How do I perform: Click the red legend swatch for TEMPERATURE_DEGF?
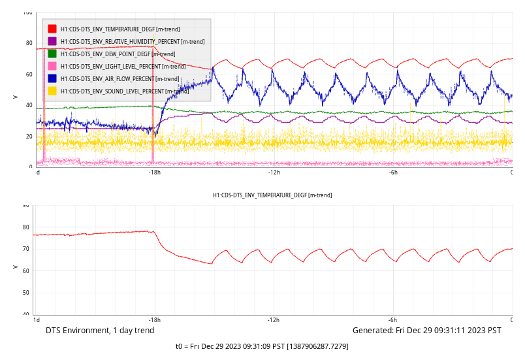coord(52,29)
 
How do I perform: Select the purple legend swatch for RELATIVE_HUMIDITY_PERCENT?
coord(52,41)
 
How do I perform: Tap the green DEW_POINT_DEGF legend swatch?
coord(52,54)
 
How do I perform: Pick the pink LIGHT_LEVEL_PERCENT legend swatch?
coord(52,66)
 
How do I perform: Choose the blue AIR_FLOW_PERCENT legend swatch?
coord(52,78)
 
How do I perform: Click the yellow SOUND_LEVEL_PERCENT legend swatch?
coord(52,91)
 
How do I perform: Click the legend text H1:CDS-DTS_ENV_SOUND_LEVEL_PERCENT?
coord(112,91)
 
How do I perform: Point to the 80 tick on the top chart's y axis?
coord(29,43)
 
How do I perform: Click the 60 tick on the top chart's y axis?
coord(29,74)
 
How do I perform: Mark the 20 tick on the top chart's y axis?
coord(29,137)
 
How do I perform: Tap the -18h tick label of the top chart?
coord(155,172)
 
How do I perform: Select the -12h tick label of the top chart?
coord(274,172)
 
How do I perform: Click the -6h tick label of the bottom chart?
coord(393,320)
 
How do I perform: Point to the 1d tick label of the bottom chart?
coord(37,320)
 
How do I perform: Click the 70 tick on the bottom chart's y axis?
coord(25,249)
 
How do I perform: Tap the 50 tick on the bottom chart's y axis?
coord(25,293)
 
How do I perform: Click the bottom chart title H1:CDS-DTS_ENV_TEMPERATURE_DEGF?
coord(272,195)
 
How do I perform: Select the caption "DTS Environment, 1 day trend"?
coord(100,331)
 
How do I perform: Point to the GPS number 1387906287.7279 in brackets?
coord(318,346)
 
